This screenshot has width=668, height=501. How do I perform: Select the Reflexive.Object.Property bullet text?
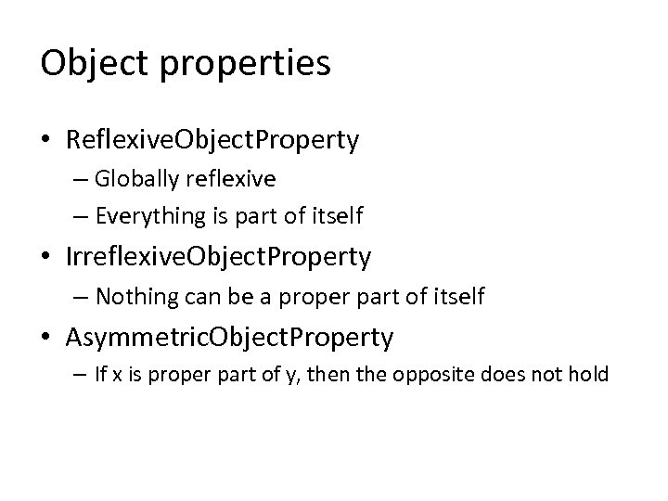212,139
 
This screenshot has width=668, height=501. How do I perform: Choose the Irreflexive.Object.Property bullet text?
218,257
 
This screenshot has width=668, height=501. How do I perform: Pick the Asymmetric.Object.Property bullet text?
229,337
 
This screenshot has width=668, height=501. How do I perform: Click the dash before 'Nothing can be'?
82,297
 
